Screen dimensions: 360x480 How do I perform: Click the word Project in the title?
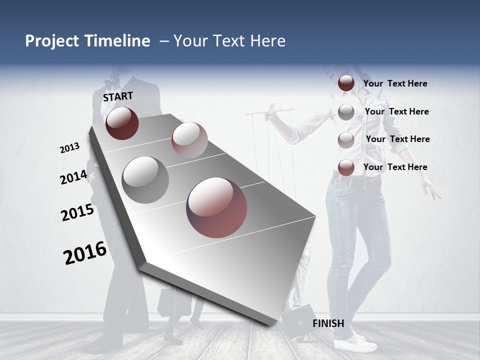click(52, 41)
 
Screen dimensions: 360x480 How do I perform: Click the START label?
click(118, 96)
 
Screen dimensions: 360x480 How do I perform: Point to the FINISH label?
click(328, 323)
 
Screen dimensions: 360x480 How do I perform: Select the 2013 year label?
click(70, 148)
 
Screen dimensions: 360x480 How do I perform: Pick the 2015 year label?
click(77, 212)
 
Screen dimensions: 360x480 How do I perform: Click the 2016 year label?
click(85, 252)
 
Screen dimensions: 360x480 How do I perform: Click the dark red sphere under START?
click(122, 123)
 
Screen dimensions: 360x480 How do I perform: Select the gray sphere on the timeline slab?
click(145, 180)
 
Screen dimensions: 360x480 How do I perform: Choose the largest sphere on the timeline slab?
click(216, 207)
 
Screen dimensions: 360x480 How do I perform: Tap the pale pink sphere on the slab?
click(189, 140)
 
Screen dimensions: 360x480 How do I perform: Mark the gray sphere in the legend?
click(346, 112)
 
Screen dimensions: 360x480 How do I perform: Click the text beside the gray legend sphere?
click(396, 111)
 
